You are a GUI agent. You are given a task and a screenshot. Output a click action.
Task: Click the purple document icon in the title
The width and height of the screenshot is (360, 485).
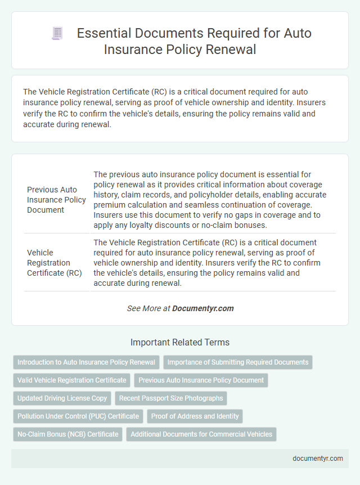coord(57,33)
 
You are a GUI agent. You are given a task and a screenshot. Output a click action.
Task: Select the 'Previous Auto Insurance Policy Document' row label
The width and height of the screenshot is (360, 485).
coord(56,200)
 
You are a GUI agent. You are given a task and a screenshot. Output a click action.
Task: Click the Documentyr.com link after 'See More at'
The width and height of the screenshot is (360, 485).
coord(202,308)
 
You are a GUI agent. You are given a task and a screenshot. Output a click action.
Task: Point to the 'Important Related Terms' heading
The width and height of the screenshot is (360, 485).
coord(180,342)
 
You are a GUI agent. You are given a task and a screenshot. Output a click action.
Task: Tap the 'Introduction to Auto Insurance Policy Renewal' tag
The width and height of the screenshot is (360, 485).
coord(86,362)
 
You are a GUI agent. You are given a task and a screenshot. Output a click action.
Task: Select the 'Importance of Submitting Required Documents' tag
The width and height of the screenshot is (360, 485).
coord(238,362)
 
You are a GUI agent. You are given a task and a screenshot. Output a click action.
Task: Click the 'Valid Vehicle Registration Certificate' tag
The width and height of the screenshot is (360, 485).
coord(71,380)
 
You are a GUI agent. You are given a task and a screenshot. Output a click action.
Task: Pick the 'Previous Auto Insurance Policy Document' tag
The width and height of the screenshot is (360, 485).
coord(201,380)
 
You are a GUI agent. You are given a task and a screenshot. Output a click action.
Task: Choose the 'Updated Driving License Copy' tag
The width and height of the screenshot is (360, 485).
coord(62,398)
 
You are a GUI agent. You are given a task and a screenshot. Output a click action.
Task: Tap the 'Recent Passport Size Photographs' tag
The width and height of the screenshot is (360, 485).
coord(171,398)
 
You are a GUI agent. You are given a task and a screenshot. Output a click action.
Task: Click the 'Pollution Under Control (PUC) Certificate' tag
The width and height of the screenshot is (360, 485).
coord(78,416)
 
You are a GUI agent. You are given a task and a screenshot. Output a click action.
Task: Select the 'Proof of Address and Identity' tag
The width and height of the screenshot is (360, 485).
coord(195,416)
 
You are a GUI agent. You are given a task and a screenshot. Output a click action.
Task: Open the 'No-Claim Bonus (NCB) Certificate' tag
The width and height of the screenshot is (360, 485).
coord(67,434)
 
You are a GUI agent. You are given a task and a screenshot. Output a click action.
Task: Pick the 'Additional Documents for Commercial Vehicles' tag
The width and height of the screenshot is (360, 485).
coord(201,434)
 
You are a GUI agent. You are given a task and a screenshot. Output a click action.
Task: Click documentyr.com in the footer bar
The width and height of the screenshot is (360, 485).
coord(318,459)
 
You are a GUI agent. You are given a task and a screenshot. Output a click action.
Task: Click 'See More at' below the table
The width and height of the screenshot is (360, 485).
coord(148,308)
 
